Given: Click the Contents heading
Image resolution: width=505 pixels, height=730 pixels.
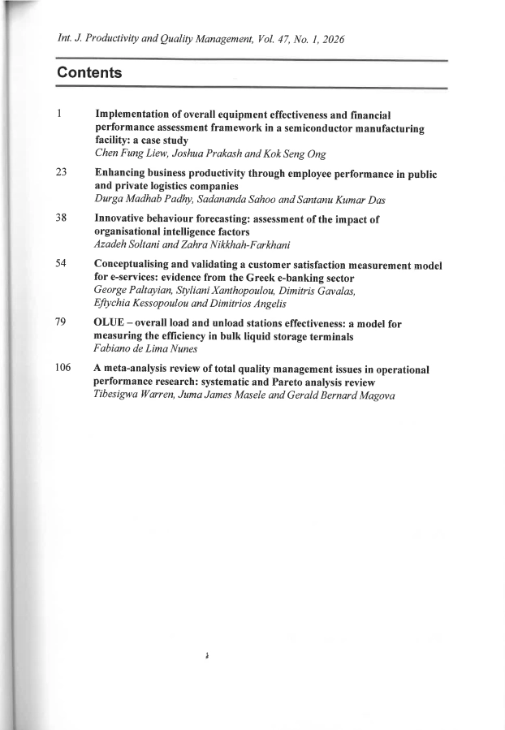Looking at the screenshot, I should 89,74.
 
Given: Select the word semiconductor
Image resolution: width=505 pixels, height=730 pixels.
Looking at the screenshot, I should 304,127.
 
